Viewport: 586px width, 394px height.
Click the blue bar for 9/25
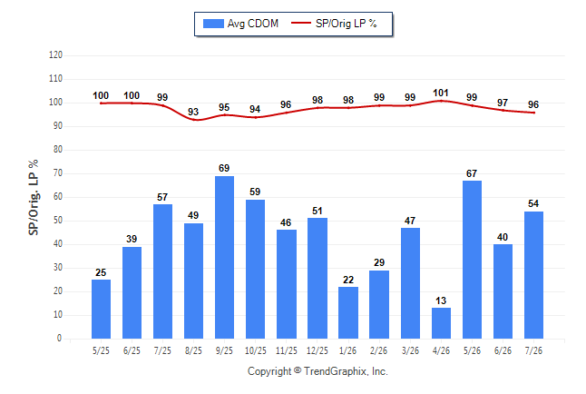click(x=224, y=258)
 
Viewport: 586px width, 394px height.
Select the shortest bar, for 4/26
click(x=441, y=323)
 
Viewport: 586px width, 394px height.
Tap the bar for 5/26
click(x=472, y=260)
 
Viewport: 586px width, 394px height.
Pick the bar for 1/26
click(x=348, y=313)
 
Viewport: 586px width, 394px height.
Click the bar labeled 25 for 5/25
click(x=101, y=309)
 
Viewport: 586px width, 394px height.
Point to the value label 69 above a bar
click(x=224, y=168)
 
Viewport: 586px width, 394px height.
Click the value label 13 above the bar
click(x=441, y=300)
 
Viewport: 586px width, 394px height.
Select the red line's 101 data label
click(x=441, y=93)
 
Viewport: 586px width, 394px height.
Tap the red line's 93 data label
click(x=193, y=112)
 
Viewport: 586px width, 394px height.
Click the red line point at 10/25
click(x=255, y=117)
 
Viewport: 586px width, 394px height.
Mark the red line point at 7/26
click(x=533, y=113)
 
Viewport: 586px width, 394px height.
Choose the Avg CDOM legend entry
click(x=240, y=24)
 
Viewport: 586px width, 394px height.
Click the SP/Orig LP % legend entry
click(x=334, y=24)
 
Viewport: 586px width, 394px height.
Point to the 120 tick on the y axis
click(x=55, y=55)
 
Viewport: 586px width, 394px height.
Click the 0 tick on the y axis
click(x=59, y=339)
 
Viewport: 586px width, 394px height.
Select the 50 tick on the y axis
click(x=57, y=221)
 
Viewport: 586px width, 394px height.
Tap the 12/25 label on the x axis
click(x=317, y=351)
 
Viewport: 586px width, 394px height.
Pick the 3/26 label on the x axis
click(x=410, y=351)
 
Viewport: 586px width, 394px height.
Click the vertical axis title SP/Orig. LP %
click(x=34, y=197)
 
